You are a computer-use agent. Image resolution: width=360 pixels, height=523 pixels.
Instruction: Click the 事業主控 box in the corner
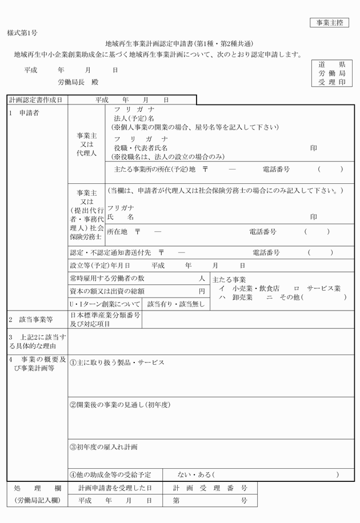tap(328, 23)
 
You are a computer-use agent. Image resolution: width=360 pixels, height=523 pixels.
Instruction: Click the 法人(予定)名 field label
tap(134, 118)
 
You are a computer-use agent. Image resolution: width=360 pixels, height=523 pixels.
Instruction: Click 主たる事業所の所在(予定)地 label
tap(155, 170)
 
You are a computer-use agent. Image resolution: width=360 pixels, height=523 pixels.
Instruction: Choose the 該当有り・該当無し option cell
tap(175, 304)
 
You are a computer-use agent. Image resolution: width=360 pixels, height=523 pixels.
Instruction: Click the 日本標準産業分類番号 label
tap(105, 315)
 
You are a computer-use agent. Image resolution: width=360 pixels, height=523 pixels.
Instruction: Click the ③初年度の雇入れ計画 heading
tap(103, 446)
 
